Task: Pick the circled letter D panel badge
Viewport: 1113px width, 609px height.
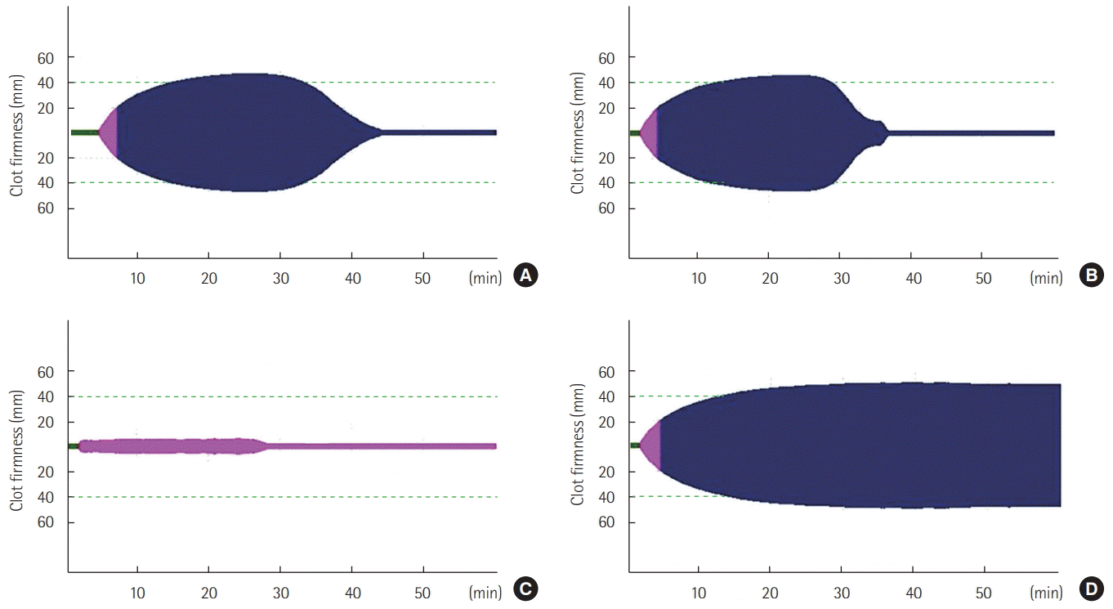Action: (1090, 589)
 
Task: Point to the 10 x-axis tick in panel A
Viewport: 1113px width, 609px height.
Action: (137, 278)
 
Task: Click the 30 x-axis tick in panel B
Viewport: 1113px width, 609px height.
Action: (842, 278)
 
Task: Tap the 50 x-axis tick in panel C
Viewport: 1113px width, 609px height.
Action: (423, 591)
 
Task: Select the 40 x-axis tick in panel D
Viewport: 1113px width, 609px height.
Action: (913, 591)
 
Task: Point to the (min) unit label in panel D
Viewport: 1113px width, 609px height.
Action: (1047, 591)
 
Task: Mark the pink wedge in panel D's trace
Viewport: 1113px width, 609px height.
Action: (650, 446)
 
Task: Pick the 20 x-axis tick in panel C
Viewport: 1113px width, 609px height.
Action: (208, 591)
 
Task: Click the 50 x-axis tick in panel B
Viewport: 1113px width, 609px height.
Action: (984, 278)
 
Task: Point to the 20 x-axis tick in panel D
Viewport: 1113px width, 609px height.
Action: (770, 591)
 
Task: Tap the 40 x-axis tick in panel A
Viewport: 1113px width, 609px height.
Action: (351, 278)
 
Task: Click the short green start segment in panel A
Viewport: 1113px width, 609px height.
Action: (84, 132)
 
